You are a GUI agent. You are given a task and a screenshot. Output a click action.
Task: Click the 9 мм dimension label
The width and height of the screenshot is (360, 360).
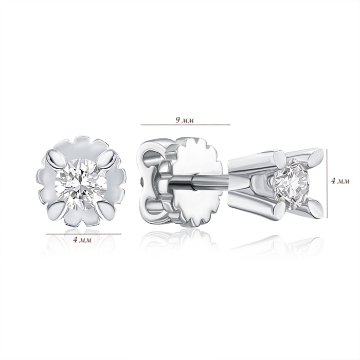pos(185,120)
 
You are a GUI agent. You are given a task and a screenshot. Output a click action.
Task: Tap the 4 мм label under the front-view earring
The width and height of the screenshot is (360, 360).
pos(82,240)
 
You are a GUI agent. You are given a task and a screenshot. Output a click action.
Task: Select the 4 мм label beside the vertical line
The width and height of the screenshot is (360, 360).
pos(340,181)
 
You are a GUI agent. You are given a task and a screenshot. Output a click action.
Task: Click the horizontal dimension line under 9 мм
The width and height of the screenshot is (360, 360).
pos(185,125)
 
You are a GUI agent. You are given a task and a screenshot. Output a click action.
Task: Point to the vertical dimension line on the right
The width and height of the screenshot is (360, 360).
pos(327,184)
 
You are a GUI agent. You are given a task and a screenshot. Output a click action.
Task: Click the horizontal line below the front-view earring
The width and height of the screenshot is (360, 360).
pos(83,234)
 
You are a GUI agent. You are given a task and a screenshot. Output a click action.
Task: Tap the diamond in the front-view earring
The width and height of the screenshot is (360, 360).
pos(81,182)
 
